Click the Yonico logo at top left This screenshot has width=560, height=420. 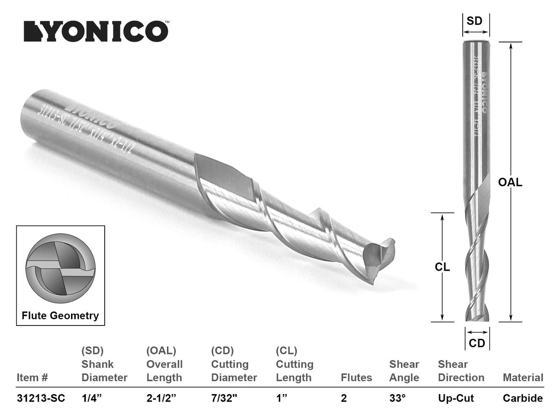[95, 31]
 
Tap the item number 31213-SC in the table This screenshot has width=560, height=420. [41, 398]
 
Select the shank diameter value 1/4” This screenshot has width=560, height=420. [92, 398]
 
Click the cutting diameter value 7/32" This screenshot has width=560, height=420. [225, 398]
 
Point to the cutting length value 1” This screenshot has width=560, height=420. [282, 398]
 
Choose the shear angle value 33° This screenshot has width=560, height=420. [398, 398]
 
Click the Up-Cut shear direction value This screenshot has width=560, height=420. [455, 398]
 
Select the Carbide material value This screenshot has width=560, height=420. [523, 398]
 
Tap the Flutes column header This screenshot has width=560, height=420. [356, 378]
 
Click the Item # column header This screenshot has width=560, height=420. [32, 378]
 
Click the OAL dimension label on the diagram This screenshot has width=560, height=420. [510, 182]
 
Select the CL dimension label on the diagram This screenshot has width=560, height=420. [442, 267]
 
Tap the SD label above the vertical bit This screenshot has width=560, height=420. [475, 21]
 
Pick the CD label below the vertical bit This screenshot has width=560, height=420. [477, 343]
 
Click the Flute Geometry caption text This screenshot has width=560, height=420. [60, 316]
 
